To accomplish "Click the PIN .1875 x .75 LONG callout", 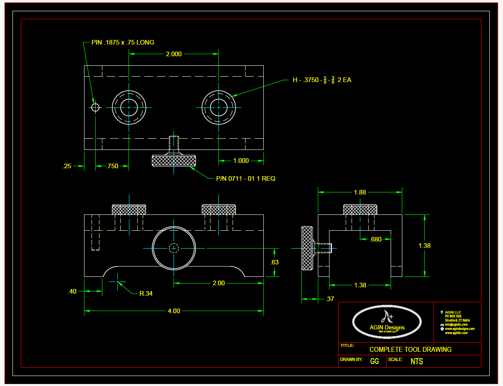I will tap(123, 42).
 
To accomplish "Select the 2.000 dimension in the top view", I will tap(173, 54).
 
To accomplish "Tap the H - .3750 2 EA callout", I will tap(322, 80).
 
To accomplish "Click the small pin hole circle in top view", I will tap(95, 107).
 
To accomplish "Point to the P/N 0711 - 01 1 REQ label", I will tap(245, 178).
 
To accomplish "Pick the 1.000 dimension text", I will tap(241, 161).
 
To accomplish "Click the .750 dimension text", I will tap(112, 166).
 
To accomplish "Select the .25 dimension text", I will tap(67, 166).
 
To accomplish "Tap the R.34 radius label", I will tap(146, 293).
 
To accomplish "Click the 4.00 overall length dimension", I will tap(173, 311).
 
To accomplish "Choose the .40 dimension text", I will tap(72, 291).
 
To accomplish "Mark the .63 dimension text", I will tap(274, 262).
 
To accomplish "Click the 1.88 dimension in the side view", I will tap(360, 192).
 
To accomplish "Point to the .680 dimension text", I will tap(375, 239).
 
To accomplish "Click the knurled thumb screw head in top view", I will tap(174, 160).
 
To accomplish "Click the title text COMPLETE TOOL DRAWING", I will tap(410, 349).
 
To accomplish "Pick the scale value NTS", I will tap(416, 361).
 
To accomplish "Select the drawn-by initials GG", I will tap(374, 361).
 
